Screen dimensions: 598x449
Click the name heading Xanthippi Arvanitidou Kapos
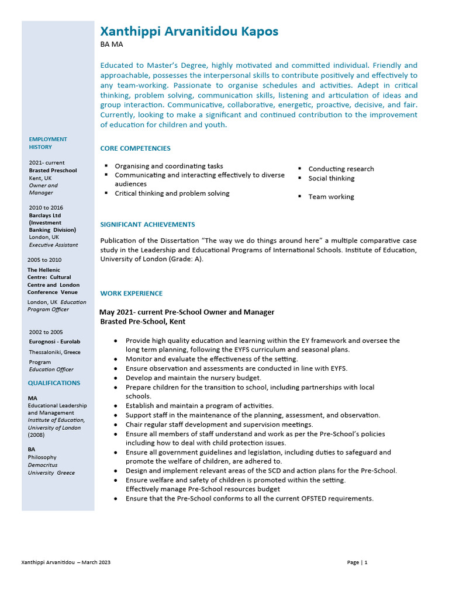(189, 32)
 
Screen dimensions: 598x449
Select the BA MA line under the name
(112, 44)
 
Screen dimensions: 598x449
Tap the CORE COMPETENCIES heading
(135, 148)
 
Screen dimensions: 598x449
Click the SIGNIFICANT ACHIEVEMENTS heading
(147, 224)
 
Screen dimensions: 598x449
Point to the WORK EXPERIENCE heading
(131, 293)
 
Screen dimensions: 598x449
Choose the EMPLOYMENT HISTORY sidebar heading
(48, 143)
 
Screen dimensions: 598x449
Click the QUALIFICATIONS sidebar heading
(54, 383)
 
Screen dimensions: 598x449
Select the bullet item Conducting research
(341, 169)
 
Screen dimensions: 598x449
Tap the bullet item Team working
(331, 197)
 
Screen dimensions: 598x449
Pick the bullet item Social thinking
(331, 178)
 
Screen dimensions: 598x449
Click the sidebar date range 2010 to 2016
(46, 207)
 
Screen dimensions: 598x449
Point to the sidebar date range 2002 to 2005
(46, 332)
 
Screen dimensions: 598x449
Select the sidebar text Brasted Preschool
(53, 171)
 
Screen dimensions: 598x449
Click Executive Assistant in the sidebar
(53, 245)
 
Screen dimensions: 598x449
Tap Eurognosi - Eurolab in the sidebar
(55, 341)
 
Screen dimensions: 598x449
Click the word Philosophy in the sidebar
(42, 457)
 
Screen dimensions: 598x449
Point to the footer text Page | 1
(357, 562)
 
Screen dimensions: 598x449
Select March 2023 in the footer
(96, 562)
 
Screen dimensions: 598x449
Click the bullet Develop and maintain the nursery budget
(193, 378)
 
